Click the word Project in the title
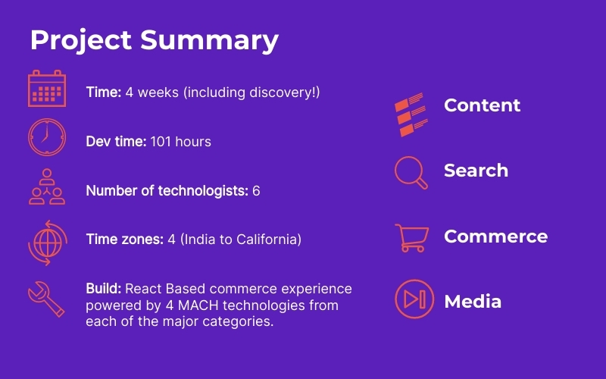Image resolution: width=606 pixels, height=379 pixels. pyautogui.click(x=81, y=41)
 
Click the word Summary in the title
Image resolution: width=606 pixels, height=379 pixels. pyautogui.click(x=209, y=41)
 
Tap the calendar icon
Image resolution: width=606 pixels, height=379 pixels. pyautogui.click(x=47, y=89)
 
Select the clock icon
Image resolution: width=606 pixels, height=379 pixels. pyautogui.click(x=47, y=137)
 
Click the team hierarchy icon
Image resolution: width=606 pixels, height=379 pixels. pyautogui.click(x=47, y=186)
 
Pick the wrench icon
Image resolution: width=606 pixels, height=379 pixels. pyautogui.click(x=46, y=299)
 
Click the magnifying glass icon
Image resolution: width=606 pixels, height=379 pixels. pyautogui.click(x=411, y=173)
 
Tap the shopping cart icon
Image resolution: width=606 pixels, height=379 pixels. pyautogui.click(x=412, y=238)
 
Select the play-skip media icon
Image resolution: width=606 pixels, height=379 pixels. pyautogui.click(x=414, y=299)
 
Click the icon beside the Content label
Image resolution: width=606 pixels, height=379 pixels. pyautogui.click(x=411, y=114)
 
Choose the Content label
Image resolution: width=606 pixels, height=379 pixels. pyautogui.click(x=482, y=105)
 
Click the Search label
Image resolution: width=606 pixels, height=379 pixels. pyautogui.click(x=476, y=171)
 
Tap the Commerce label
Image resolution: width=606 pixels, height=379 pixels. pyautogui.click(x=496, y=236)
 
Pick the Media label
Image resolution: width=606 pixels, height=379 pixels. pyautogui.click(x=473, y=302)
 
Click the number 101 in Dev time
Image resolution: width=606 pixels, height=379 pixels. pyautogui.click(x=161, y=142)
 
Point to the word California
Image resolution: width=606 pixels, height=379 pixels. pyautogui.click(x=269, y=240)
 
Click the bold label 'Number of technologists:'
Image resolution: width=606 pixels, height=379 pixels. pyautogui.click(x=167, y=191)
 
